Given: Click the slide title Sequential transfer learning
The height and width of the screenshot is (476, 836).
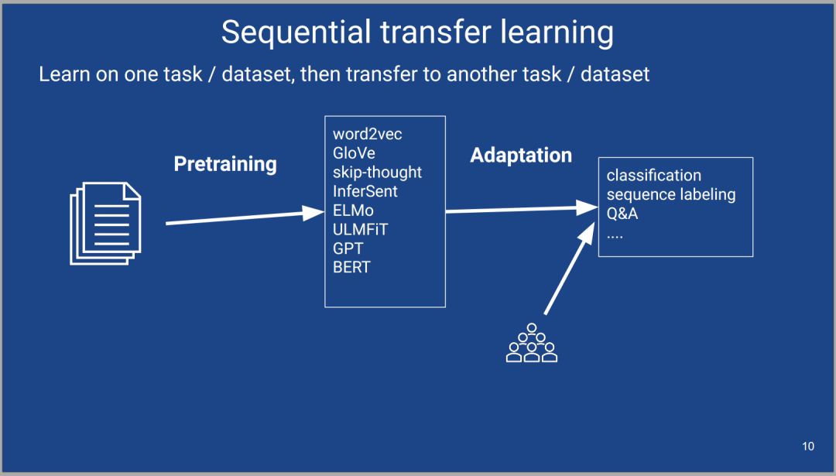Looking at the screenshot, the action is click(417, 33).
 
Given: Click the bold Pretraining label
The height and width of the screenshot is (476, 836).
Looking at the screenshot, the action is click(225, 164).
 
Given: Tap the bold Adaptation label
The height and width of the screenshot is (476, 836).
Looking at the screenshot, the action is click(521, 156).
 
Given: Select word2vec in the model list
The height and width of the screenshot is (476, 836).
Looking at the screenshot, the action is click(368, 134).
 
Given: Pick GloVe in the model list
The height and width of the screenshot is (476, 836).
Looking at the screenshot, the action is click(354, 153).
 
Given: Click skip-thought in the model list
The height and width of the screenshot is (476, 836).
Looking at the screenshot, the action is click(378, 172).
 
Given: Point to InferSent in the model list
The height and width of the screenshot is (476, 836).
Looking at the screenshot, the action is click(365, 191).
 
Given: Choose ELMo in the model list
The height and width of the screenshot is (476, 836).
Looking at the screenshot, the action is click(353, 210).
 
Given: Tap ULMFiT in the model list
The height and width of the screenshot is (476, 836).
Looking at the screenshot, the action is click(361, 229).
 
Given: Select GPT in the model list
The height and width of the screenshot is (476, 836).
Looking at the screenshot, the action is click(348, 248).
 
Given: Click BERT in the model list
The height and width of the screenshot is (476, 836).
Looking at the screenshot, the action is click(351, 267).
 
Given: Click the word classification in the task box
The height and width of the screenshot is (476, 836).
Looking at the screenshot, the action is click(653, 176).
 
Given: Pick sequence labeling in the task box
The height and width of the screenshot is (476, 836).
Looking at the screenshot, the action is click(671, 194).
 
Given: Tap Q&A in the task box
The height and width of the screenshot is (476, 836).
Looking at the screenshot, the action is click(622, 213).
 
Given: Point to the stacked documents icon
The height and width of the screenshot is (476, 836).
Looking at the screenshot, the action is click(105, 224).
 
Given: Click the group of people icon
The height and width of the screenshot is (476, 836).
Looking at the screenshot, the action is click(532, 343).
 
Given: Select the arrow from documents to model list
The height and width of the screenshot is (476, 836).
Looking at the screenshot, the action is click(245, 217).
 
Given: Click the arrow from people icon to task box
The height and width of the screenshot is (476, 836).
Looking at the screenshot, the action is click(569, 269).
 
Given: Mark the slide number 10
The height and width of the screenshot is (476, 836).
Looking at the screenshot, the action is click(807, 446).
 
